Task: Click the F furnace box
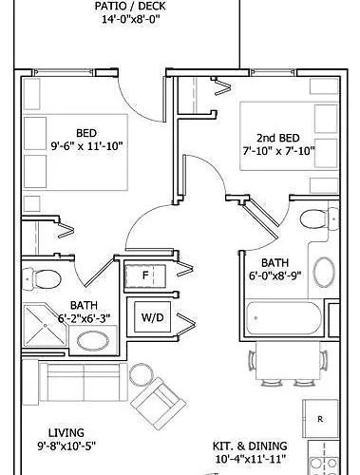[147, 275]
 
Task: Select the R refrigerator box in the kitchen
[322, 418]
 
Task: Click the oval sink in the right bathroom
[325, 273]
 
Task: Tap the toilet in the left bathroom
[45, 277]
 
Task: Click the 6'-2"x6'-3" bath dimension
[90, 318]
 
